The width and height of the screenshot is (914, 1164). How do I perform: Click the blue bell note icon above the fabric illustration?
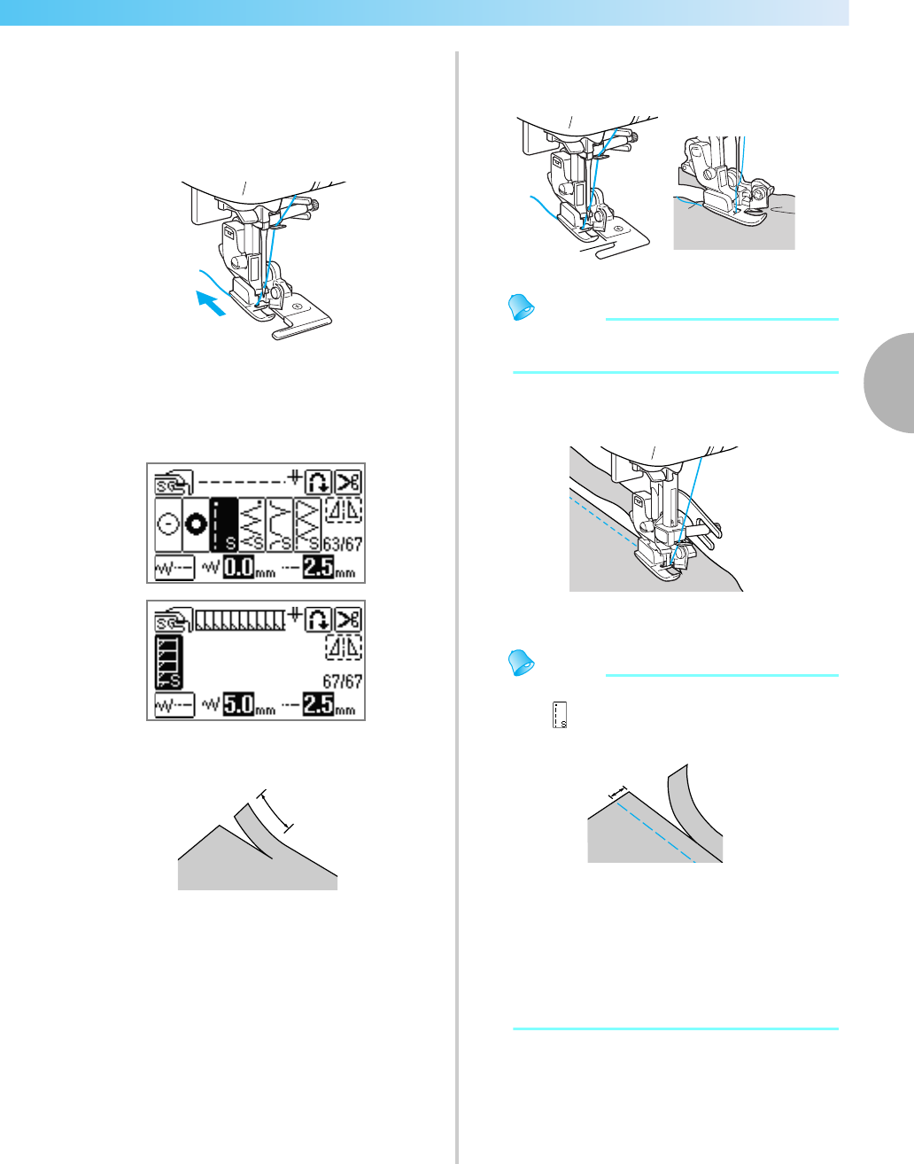click(520, 307)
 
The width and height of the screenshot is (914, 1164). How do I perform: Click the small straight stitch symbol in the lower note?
click(559, 715)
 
